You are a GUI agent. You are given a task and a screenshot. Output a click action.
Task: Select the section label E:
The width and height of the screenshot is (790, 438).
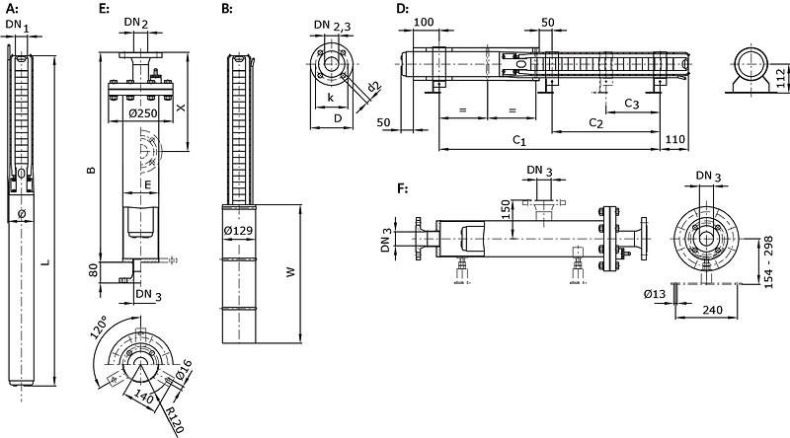[x=104, y=8]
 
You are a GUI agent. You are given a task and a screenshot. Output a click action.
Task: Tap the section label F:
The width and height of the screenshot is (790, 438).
[x=401, y=187]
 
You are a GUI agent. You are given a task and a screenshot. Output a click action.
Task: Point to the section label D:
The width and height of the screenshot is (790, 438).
[x=402, y=8]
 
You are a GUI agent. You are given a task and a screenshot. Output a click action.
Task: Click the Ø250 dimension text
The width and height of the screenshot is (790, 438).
[x=146, y=113]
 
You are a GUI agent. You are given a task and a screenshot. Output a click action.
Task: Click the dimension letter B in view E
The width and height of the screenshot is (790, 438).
[x=91, y=171]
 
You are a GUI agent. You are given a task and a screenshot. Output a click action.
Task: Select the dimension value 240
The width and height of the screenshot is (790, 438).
[x=705, y=310]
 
